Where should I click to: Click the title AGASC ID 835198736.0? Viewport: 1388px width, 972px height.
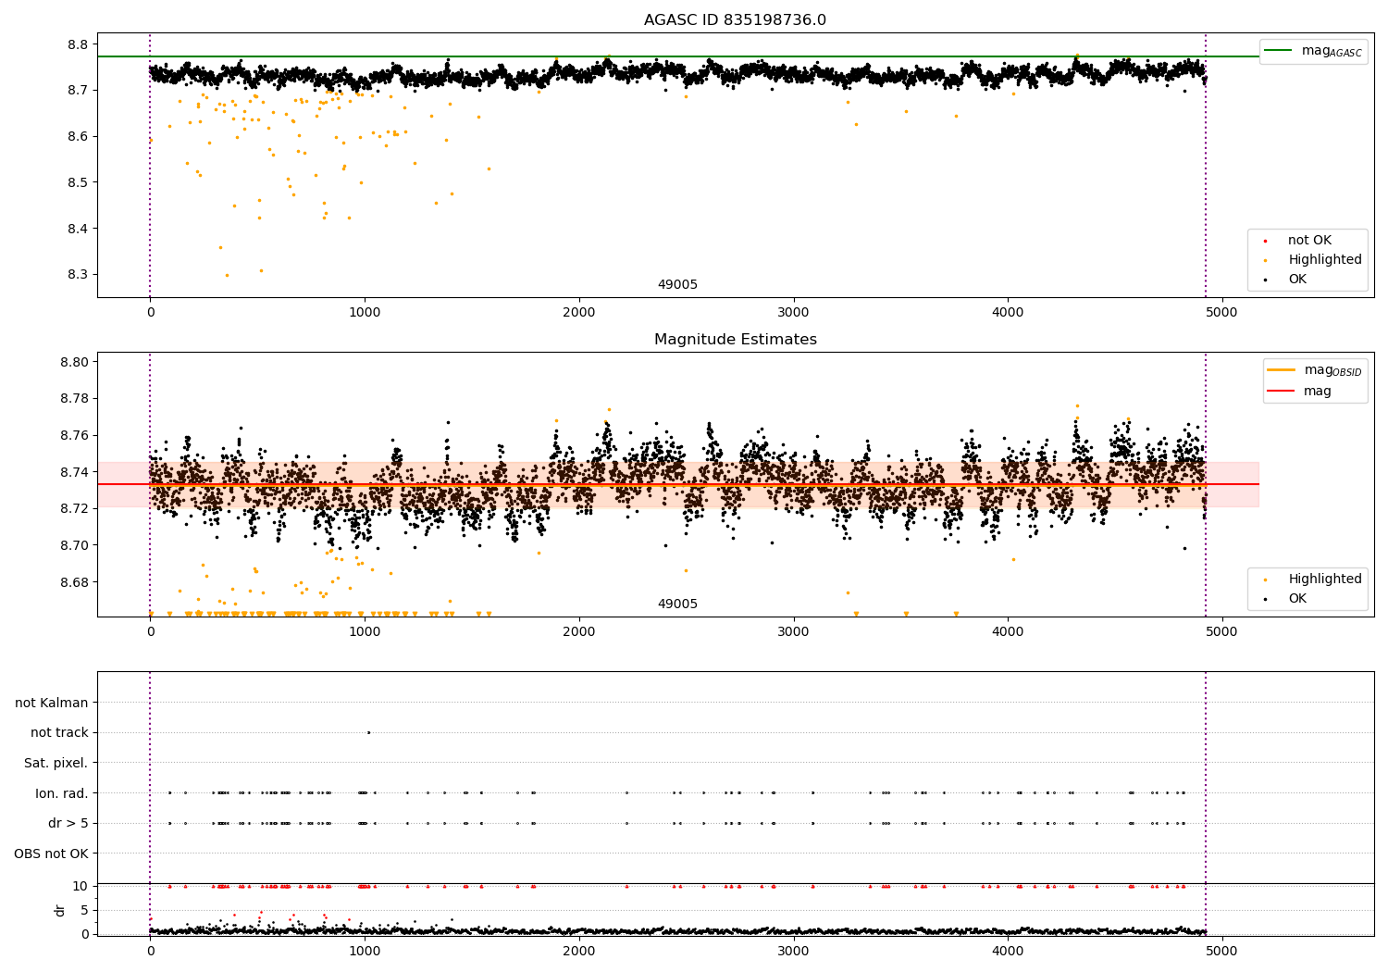[735, 19]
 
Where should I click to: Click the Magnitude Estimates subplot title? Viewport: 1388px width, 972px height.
[736, 339]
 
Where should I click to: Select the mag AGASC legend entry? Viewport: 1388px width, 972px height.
[1313, 51]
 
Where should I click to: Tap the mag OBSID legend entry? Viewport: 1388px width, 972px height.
[1314, 370]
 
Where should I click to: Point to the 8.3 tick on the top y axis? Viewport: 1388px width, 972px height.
[78, 275]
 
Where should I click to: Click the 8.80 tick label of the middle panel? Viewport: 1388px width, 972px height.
[74, 362]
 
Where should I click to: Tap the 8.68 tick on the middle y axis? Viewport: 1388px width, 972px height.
[74, 582]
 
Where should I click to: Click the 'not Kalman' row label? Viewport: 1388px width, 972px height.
[52, 703]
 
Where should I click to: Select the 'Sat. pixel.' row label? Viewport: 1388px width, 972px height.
[56, 763]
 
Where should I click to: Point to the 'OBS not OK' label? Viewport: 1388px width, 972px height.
[51, 854]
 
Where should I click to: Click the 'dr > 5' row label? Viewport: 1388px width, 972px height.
[68, 823]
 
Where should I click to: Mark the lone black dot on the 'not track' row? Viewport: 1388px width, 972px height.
[368, 733]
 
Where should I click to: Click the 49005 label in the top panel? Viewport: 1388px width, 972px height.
[677, 284]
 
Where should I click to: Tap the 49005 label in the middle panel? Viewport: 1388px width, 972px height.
[677, 604]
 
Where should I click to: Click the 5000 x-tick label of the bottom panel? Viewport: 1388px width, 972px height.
[1222, 951]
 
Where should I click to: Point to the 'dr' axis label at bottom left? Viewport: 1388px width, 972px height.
[59, 910]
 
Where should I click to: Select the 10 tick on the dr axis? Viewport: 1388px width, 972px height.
[81, 886]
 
